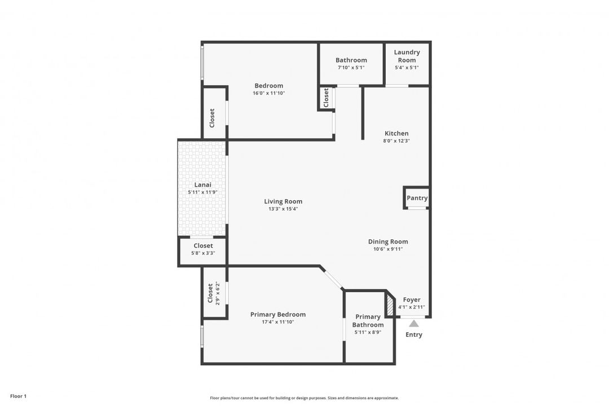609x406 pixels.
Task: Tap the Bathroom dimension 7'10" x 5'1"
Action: coord(351,68)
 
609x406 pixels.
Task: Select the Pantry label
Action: coord(417,198)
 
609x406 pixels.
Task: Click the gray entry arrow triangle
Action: coord(414,324)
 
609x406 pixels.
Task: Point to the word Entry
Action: coord(414,334)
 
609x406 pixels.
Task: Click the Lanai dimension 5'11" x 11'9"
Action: coord(202,192)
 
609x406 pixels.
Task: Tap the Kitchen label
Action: coord(396,134)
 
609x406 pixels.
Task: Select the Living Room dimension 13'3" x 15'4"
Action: coord(283,209)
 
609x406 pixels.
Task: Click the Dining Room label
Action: coord(388,241)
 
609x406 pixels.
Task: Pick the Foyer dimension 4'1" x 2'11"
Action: coord(411,307)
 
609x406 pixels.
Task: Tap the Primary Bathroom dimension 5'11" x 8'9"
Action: coord(368,332)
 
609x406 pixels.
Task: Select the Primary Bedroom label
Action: coord(278,315)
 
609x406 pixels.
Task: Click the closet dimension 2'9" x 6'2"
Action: coord(217,293)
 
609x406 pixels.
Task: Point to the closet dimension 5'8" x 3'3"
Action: coord(203,253)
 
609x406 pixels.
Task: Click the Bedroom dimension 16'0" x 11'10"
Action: coord(268,93)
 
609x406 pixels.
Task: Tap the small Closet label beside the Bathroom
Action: coord(326,98)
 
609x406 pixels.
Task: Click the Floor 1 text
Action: coord(18,396)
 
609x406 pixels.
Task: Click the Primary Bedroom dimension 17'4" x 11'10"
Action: coord(278,322)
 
